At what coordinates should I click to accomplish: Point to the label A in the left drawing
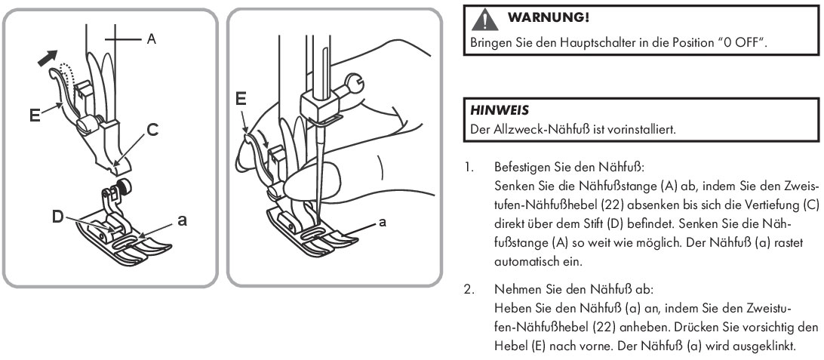click(x=151, y=38)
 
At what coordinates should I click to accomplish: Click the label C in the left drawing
click(x=152, y=131)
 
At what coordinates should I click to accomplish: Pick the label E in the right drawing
click(x=241, y=99)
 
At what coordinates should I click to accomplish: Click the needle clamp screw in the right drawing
click(x=351, y=78)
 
